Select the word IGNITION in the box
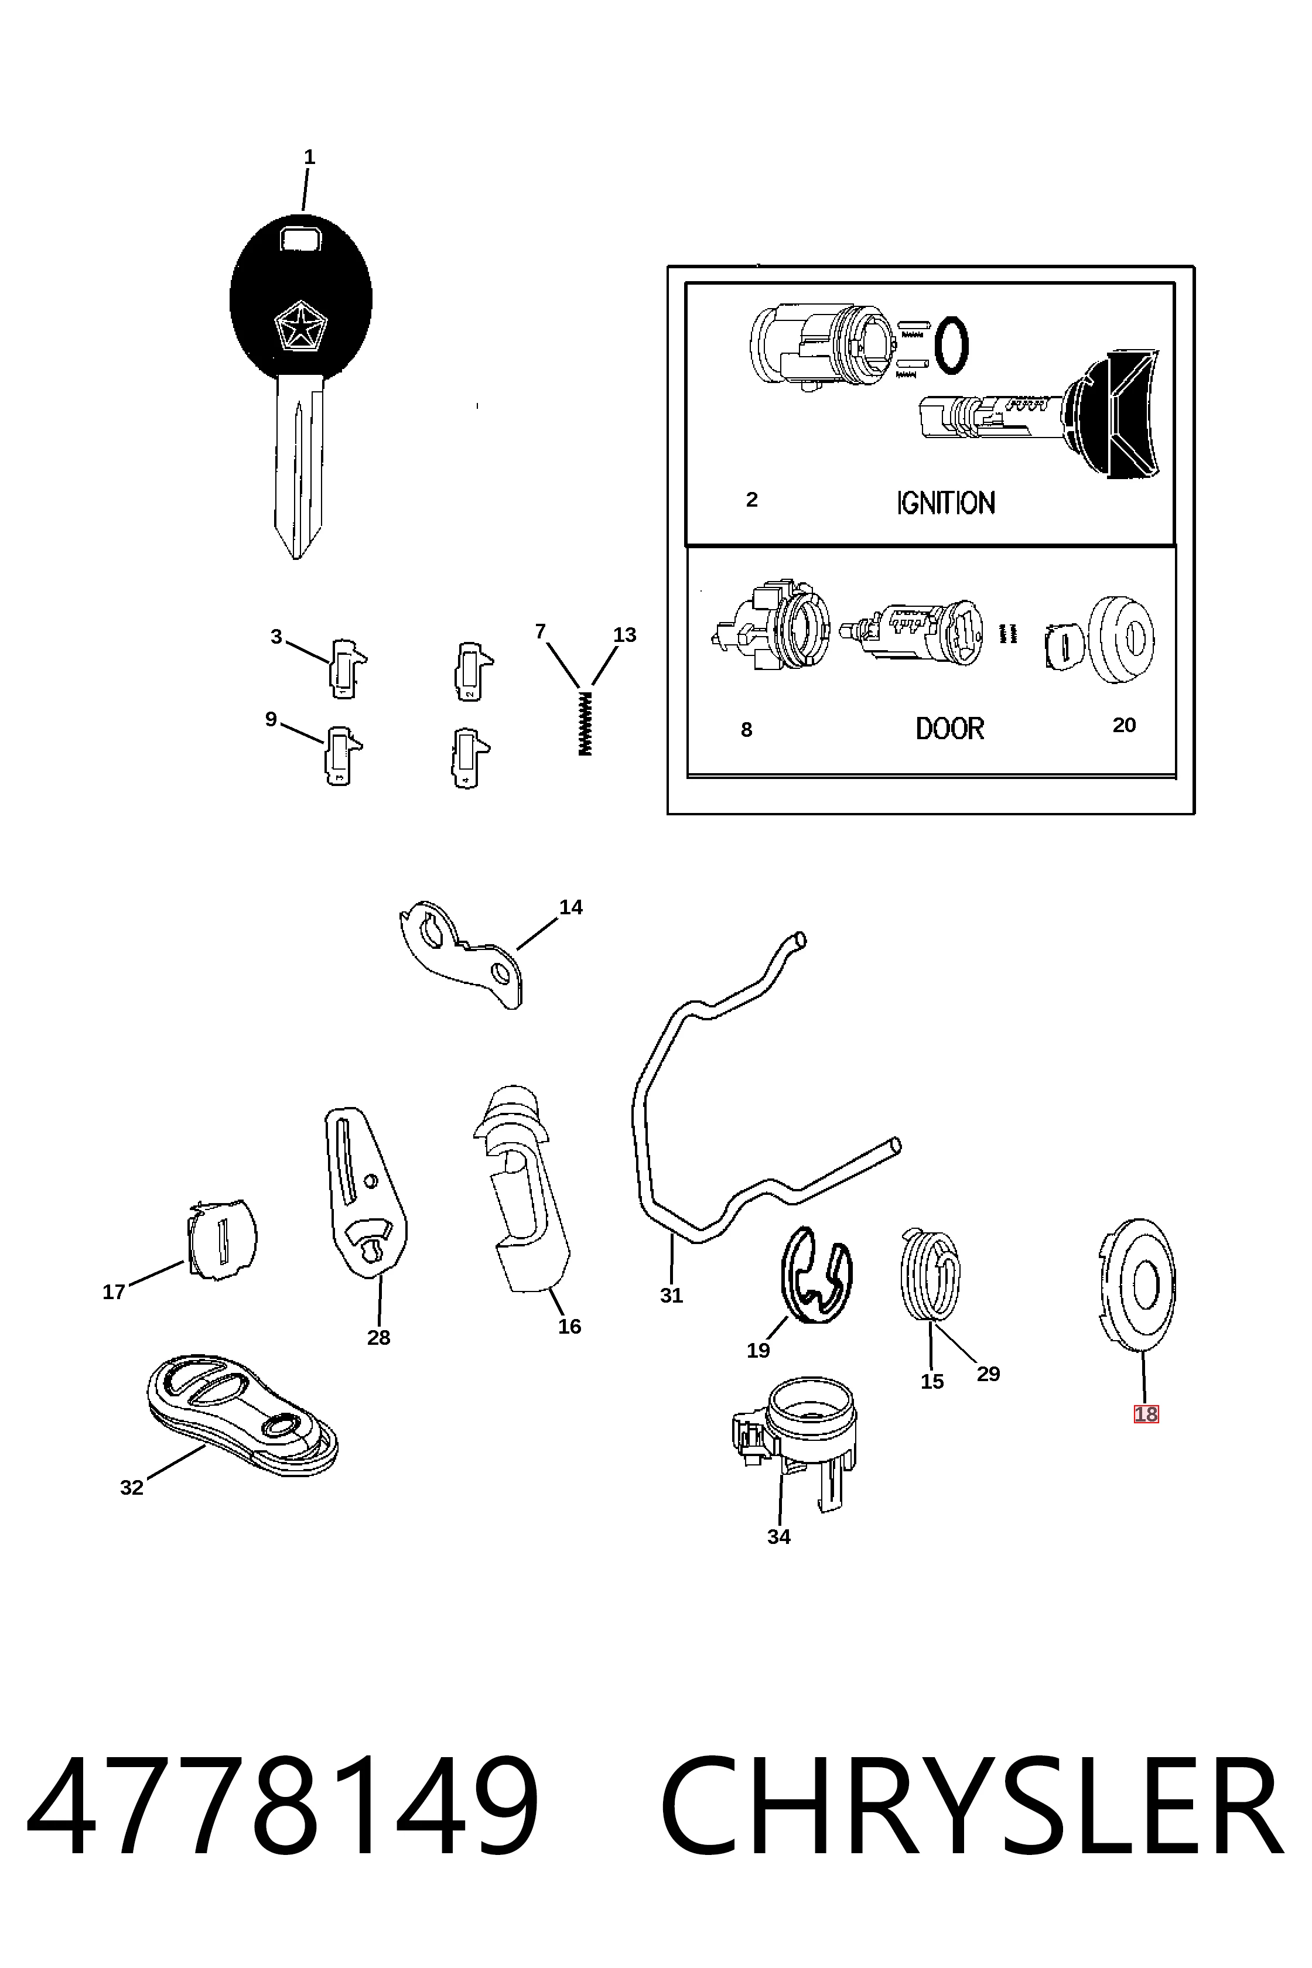945,503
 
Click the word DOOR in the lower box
949,729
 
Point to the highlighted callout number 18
1146,1414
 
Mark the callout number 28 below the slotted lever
378,1338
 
